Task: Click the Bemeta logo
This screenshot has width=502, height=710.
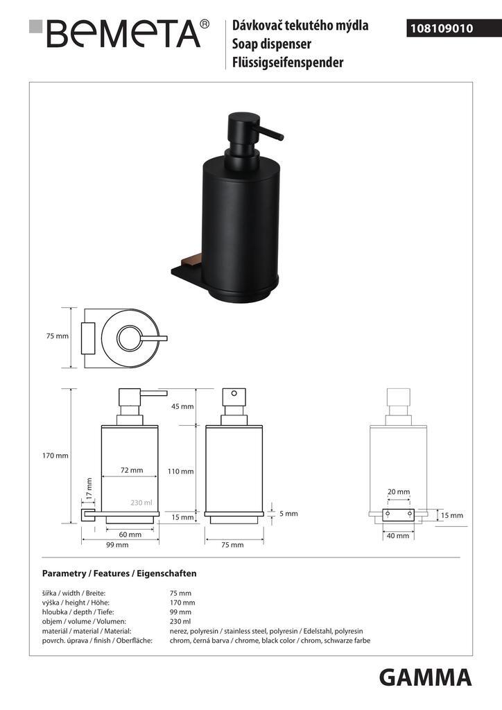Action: tap(119, 33)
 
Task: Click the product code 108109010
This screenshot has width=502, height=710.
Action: tap(442, 28)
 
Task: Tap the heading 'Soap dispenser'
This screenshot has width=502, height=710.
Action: tap(272, 44)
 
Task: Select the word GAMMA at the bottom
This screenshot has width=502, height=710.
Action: tap(425, 678)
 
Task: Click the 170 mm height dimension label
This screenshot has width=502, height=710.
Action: tap(55, 456)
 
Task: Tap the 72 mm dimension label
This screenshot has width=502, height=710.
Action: tap(132, 470)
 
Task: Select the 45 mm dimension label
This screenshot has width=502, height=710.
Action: tap(182, 406)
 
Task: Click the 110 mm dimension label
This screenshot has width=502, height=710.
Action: tap(180, 471)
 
